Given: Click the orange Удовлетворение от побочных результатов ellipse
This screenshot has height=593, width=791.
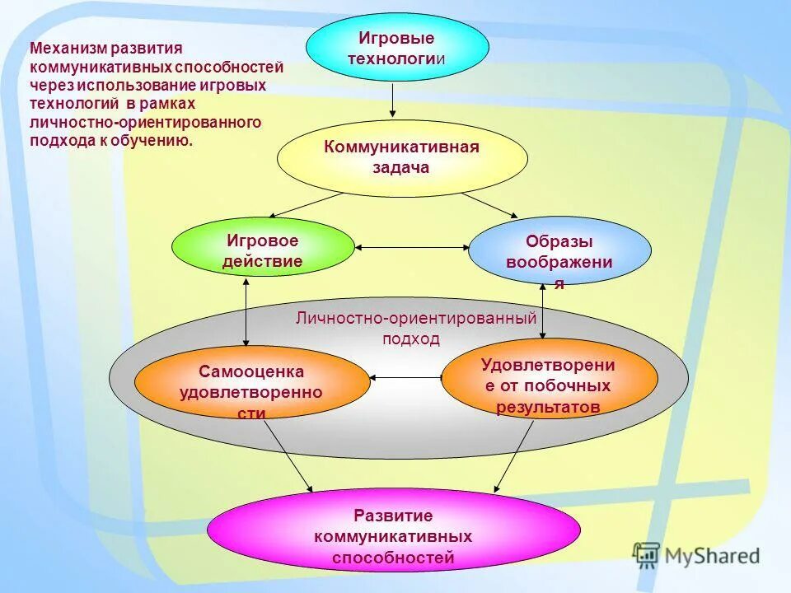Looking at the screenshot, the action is point(549,379).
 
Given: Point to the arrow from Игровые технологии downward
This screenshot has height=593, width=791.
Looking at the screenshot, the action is point(393,100).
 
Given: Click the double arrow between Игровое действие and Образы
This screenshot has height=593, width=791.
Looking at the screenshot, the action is point(411,246).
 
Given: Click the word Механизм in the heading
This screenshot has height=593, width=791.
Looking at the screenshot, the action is point(62,49).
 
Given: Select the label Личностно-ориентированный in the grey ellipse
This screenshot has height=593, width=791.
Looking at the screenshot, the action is point(415,318).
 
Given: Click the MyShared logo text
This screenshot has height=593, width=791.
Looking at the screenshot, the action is point(712,556).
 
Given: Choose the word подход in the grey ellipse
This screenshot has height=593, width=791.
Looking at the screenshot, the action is point(410,339).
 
